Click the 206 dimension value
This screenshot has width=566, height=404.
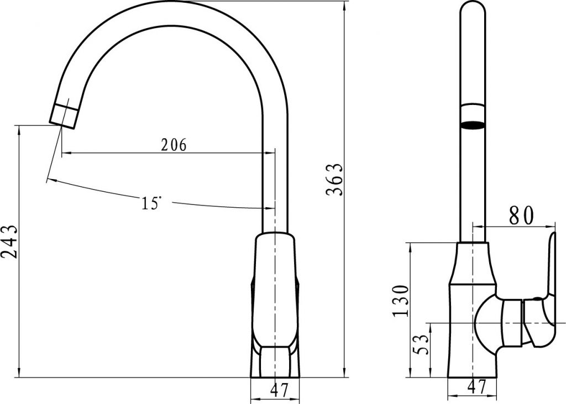[x=174, y=145]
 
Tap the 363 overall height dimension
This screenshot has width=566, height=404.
[x=335, y=179]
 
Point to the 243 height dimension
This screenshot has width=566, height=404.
[x=9, y=242]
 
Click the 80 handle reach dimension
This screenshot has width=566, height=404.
[x=521, y=216]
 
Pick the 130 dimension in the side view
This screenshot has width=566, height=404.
[x=401, y=301]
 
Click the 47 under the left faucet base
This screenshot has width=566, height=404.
[x=280, y=390]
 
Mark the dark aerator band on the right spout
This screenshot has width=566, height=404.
[x=473, y=124]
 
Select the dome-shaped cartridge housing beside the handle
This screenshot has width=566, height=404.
[x=486, y=323]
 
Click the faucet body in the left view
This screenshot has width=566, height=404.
[x=275, y=293]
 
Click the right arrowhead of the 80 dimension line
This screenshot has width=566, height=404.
[x=552, y=226]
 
